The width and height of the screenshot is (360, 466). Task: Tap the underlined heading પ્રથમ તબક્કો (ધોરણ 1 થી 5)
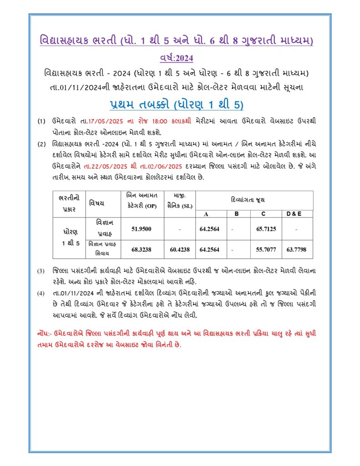[177, 105]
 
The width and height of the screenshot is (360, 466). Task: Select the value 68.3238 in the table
[141, 249]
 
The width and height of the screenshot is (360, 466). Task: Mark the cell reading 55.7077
[266, 249]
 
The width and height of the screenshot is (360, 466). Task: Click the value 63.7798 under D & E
[296, 249]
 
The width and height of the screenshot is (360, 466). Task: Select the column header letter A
[206, 213]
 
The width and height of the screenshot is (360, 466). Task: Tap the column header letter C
[264, 213]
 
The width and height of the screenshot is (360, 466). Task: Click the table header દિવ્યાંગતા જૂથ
[254, 200]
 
